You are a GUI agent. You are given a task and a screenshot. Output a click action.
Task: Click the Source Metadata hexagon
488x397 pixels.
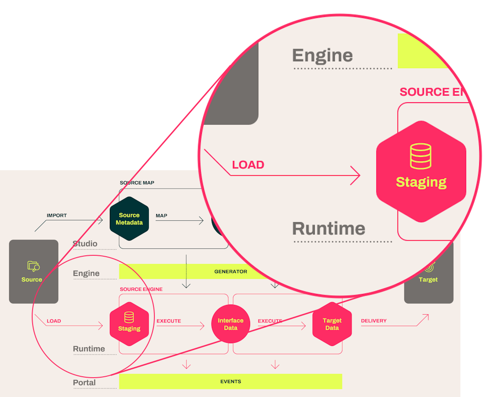[129, 219]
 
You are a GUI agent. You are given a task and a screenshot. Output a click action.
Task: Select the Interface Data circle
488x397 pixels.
[231, 324]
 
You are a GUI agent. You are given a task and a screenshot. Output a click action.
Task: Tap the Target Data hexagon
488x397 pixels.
[332, 324]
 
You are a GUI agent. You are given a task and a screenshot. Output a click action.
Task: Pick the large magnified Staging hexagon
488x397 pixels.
[421, 172]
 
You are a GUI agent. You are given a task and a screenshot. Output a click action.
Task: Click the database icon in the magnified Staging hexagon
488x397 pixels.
[421, 155]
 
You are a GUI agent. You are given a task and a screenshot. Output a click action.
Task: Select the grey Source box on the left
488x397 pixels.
[34, 271]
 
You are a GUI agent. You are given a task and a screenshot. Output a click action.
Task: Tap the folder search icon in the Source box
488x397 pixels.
[33, 266]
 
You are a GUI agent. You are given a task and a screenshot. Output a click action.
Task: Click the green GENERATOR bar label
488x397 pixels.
[231, 271]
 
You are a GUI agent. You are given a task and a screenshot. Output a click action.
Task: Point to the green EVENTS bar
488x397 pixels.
[231, 381]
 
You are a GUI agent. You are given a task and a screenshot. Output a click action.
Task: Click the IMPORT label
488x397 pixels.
[57, 215]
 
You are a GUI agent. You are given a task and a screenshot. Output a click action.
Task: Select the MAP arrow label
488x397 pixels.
[161, 215]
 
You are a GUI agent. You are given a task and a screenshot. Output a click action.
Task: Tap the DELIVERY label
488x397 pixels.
[374, 321]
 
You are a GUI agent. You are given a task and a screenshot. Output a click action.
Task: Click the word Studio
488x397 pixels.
[85, 243]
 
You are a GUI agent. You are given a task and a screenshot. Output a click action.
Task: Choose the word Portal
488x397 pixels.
[84, 382]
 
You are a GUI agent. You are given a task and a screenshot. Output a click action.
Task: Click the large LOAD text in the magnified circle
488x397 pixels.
[248, 165]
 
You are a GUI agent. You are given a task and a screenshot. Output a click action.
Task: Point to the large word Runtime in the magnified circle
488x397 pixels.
[329, 229]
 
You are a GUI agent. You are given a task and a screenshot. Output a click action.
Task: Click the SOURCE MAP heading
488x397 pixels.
[137, 183]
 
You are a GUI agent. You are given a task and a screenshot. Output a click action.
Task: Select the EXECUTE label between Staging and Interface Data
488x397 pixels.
[169, 321]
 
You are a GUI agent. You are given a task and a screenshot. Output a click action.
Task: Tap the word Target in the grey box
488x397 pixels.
[428, 279]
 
